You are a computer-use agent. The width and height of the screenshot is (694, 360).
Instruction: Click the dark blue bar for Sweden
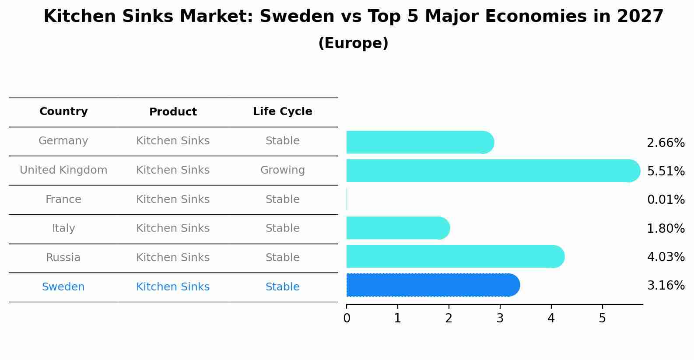point(432,285)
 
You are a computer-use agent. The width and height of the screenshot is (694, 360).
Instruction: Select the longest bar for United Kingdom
point(493,171)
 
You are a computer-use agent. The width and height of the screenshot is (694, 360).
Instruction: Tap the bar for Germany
point(420,142)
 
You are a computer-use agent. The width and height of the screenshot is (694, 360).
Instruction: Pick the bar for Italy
point(398,228)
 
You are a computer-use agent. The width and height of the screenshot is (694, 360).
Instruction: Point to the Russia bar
point(455,256)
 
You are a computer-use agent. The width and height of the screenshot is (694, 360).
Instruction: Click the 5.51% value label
point(666,171)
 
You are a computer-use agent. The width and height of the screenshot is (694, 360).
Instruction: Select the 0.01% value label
point(666,199)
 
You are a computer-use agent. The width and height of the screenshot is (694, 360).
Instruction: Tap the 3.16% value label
point(666,285)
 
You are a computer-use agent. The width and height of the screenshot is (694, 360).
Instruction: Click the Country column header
point(63,112)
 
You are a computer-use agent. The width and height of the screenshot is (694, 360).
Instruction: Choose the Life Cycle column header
point(282,112)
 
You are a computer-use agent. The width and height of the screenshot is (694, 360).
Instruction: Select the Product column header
point(173,112)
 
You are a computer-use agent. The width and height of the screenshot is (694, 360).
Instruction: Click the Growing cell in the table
point(282,170)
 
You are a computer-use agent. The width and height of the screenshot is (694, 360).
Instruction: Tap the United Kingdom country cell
point(63,170)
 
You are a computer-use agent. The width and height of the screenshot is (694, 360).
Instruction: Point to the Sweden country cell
point(63,287)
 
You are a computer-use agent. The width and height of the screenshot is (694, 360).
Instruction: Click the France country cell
point(63,199)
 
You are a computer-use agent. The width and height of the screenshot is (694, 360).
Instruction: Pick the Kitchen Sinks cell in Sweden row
point(173,287)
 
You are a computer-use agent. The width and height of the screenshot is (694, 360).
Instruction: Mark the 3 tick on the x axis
point(500,318)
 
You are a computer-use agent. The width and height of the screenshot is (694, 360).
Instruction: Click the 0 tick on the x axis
point(347,318)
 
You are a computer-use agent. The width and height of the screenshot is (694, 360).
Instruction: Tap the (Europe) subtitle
point(353,43)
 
